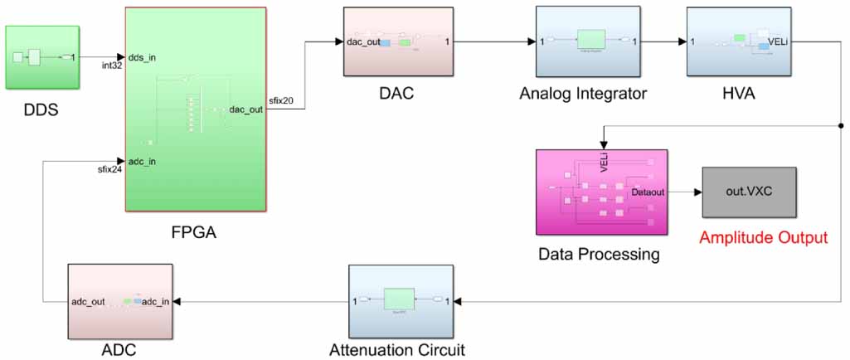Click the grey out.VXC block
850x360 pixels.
[749, 192]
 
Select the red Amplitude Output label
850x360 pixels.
[763, 238]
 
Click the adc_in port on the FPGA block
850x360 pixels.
[143, 160]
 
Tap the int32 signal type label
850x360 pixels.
[112, 66]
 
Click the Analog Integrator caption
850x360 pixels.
[583, 94]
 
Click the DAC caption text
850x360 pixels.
[397, 94]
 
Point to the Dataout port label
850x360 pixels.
[648, 192]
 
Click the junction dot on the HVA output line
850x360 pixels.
[841, 125]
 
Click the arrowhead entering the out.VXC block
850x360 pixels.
[697, 192]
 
